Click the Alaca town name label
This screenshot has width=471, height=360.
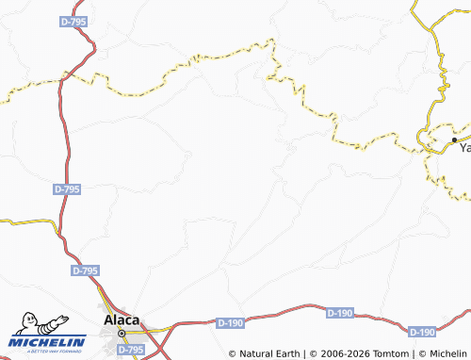[122, 319]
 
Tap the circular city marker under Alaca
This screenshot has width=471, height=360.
[122, 333]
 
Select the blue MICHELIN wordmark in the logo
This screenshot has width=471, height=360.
[51, 341]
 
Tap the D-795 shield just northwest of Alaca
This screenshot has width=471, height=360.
[85, 270]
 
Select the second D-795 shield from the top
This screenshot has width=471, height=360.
[67, 189]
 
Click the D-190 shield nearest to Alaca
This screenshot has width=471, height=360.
[230, 323]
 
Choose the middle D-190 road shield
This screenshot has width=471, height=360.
[339, 313]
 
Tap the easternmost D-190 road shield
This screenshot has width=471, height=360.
[423, 332]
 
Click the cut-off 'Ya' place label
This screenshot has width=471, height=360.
[463, 148]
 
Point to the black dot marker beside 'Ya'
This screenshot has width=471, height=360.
[453, 140]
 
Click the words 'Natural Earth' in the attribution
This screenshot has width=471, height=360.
[271, 353]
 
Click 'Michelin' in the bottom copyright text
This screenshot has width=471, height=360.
[447, 353]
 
